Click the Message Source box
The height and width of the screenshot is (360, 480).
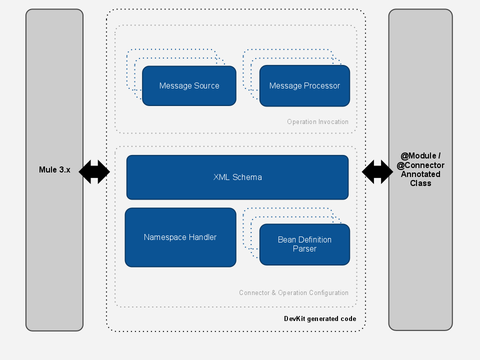[x=189, y=85]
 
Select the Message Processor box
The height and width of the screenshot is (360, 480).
[x=304, y=85]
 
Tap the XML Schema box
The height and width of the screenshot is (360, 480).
[x=237, y=177]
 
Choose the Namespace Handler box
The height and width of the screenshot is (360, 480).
[x=180, y=237]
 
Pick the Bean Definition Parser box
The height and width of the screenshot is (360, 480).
[x=304, y=244]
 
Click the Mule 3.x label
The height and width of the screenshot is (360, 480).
[x=54, y=169]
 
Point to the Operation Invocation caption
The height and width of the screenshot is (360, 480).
[x=317, y=121]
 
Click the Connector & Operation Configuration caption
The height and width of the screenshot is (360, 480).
[x=293, y=292]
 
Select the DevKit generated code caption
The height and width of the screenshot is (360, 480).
[x=320, y=318]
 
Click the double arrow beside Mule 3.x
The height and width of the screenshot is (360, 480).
[x=94, y=171]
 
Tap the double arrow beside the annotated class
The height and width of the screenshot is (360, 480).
[x=377, y=171]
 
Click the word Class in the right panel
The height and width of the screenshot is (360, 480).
[x=420, y=183]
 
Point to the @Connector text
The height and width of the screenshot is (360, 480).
[x=420, y=165]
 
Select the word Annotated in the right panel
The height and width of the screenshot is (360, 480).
[x=420, y=174]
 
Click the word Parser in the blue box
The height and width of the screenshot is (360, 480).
[x=304, y=248]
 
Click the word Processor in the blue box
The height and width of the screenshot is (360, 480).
[x=322, y=85]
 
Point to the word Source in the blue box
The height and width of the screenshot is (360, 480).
[x=206, y=85]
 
